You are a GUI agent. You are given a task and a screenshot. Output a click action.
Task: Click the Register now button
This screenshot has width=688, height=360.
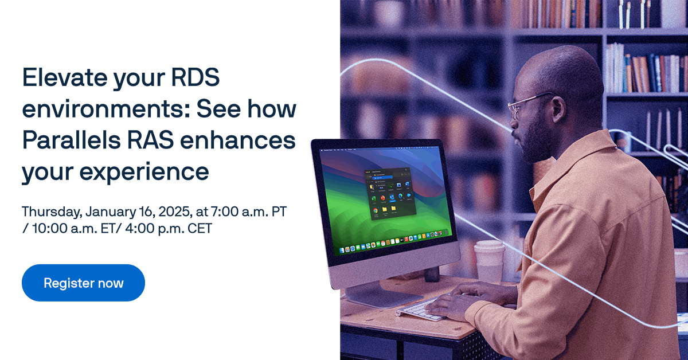tap(83, 283)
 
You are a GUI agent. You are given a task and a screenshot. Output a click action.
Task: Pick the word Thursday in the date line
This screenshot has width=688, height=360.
tap(51, 212)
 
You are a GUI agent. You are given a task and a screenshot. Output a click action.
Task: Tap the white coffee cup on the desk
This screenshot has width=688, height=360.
tap(489, 261)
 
